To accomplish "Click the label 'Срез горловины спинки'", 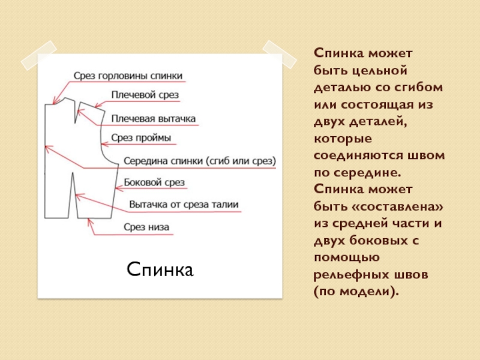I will [128, 76].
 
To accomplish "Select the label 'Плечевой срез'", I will [145, 95].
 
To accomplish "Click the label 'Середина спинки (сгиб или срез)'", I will [199, 161].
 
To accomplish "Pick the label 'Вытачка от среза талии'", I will [184, 205].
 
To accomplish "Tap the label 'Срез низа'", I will [146, 227].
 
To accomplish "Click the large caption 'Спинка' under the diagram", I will [160, 269].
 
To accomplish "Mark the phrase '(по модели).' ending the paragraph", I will [356, 291].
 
